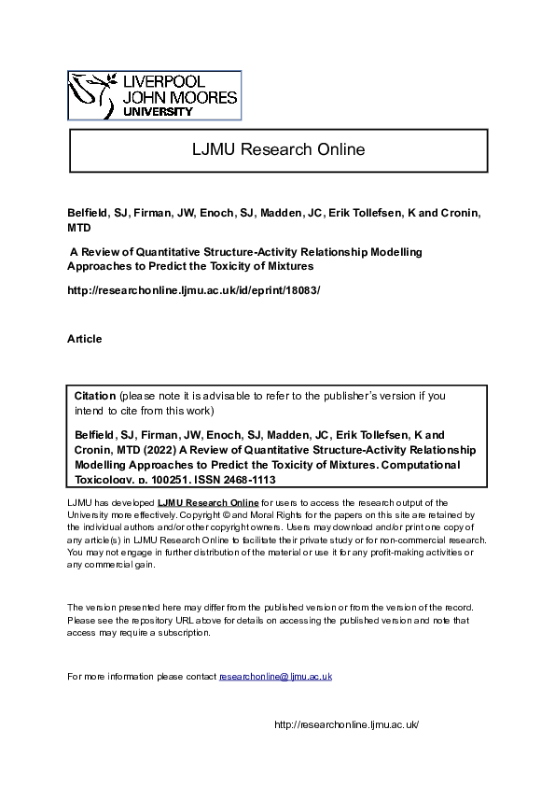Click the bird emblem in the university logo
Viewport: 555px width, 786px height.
[x=92, y=93]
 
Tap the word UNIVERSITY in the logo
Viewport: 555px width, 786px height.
[x=158, y=112]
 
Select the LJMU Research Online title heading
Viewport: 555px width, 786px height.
[x=277, y=149]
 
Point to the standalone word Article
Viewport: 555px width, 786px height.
[x=85, y=339]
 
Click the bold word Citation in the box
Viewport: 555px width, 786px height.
[x=95, y=396]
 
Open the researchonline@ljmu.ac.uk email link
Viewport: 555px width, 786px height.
[x=276, y=676]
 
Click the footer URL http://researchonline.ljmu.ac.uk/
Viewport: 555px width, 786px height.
[x=346, y=725]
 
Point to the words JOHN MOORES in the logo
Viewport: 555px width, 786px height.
[x=180, y=97]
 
